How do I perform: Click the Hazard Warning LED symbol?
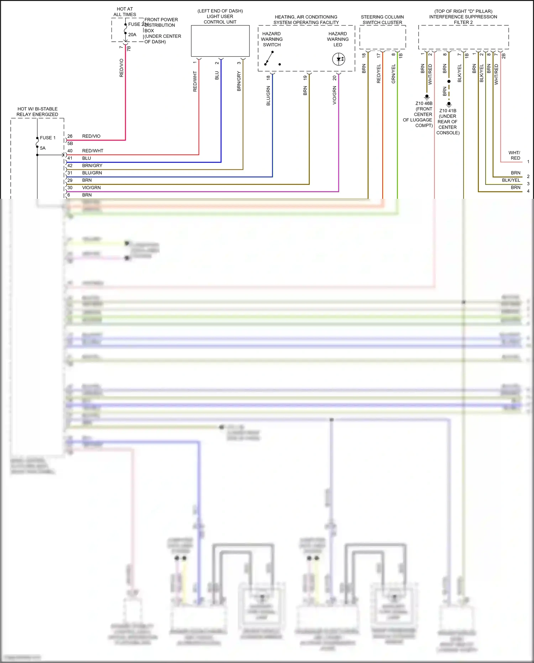point(339,59)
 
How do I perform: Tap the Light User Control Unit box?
point(220,41)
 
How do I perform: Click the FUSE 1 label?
point(48,138)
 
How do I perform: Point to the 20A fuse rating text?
point(132,35)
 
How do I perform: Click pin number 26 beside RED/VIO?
point(70,136)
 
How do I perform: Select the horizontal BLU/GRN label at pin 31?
point(92,173)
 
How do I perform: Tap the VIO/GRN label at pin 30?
point(91,188)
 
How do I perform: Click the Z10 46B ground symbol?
point(427,97)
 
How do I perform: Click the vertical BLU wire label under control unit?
point(217,76)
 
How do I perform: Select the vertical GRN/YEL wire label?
point(393,74)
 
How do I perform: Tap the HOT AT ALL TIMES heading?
point(125,12)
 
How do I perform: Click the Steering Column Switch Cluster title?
point(382,20)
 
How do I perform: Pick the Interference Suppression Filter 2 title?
point(463,17)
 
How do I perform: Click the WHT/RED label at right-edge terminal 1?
point(515,155)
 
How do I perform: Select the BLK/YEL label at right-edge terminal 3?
point(511,180)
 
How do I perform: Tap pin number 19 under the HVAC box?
point(305,77)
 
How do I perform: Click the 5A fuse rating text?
point(43,148)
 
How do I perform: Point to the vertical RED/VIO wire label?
point(121,68)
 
